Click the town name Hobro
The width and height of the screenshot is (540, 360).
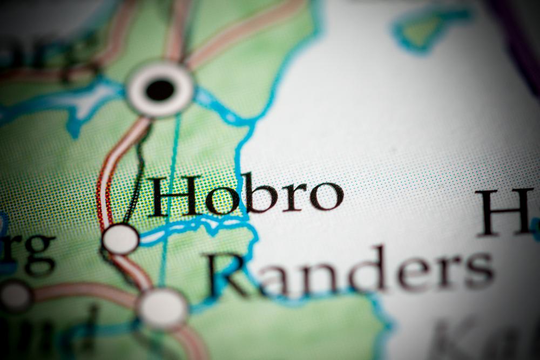point(246,195)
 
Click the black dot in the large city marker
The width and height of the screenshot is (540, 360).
point(160,90)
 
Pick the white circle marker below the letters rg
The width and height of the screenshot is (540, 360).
point(15,296)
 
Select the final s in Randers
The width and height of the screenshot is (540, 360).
point(478,270)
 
